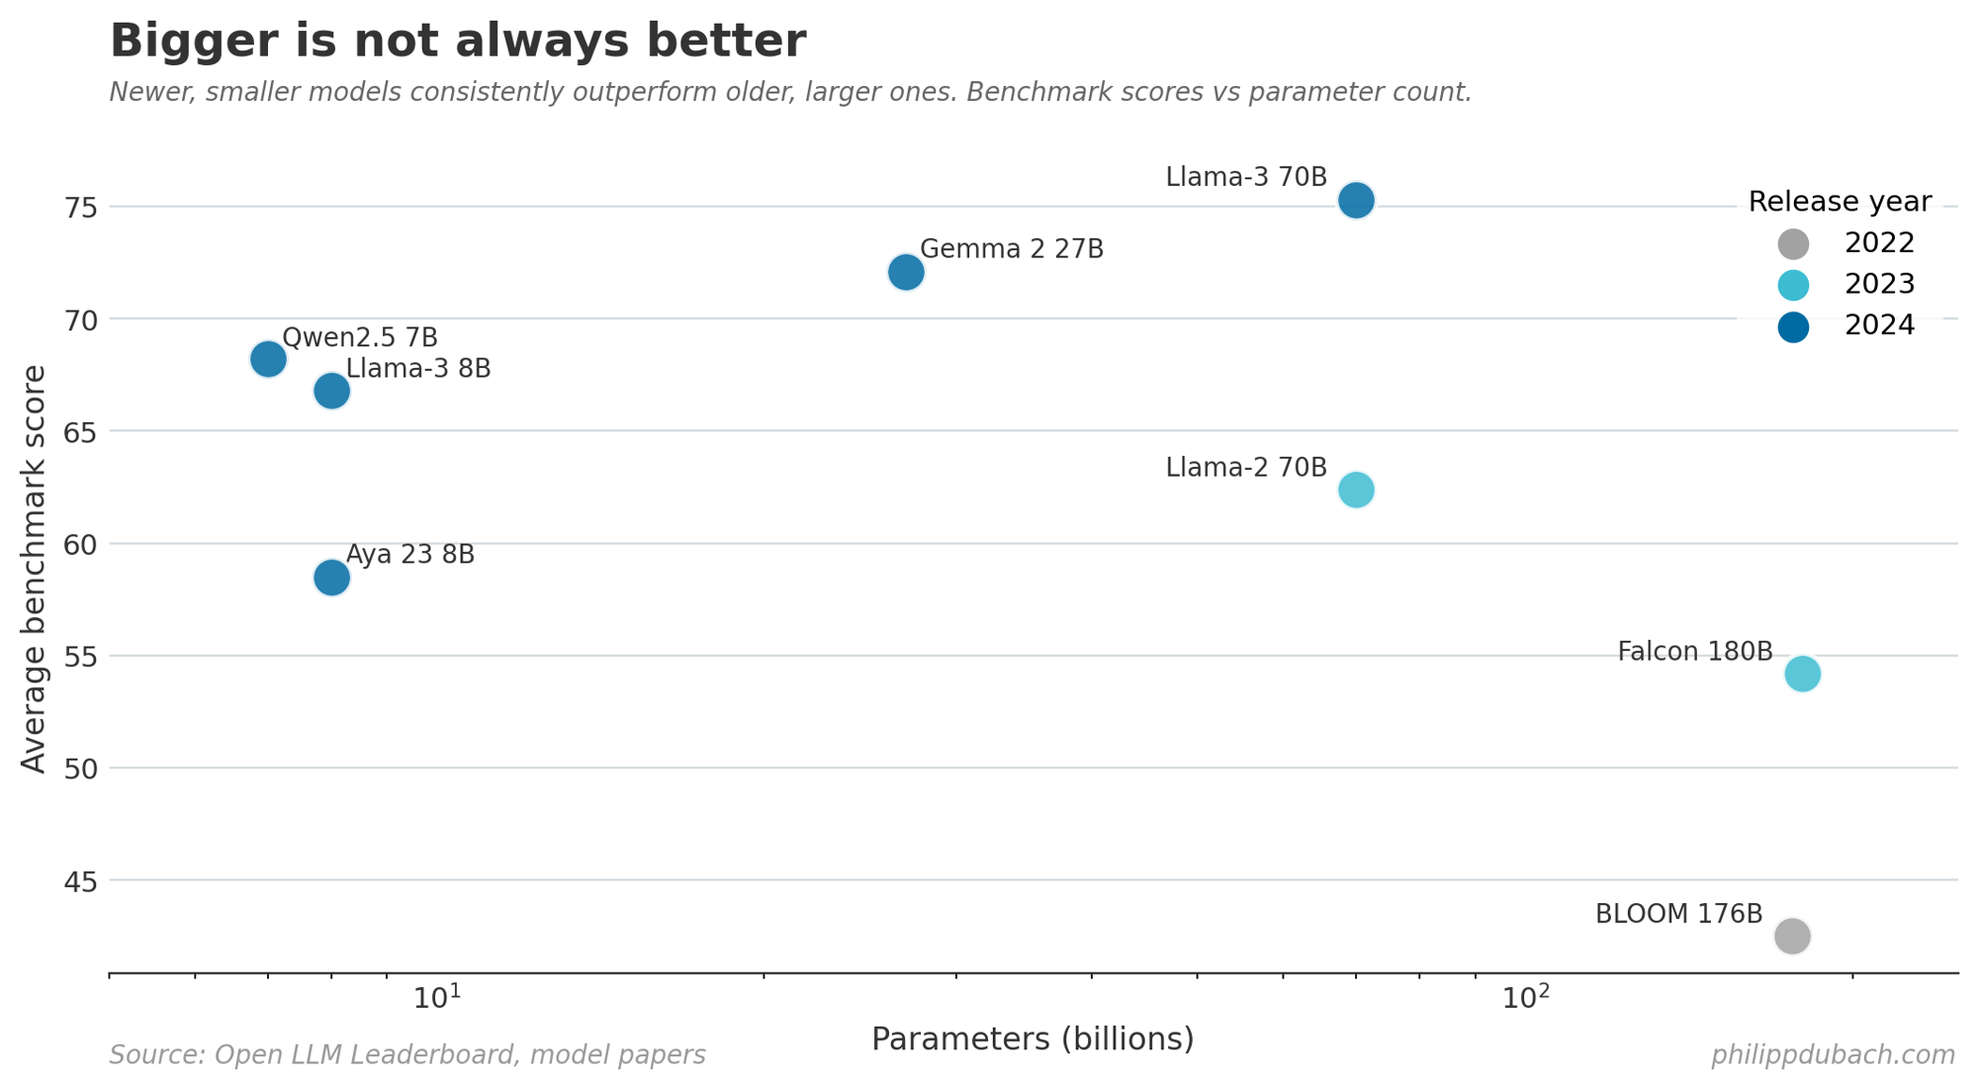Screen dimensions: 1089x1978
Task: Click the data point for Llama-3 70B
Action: click(1356, 201)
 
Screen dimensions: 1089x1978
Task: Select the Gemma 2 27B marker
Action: click(906, 272)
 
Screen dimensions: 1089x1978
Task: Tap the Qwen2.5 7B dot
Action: click(268, 359)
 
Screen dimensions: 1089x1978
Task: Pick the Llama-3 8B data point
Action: click(332, 391)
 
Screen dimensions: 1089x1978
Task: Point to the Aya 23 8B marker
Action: click(332, 577)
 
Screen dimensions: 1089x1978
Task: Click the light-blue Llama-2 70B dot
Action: click(1356, 490)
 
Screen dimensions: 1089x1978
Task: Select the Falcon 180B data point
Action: click(1802, 674)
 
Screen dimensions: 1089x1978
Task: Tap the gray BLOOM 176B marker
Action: click(1791, 936)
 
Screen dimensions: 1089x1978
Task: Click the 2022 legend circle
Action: click(1793, 243)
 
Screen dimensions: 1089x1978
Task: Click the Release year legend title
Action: click(1839, 202)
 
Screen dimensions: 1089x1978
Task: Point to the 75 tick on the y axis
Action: click(81, 208)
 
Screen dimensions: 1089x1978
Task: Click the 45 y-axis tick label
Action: click(81, 881)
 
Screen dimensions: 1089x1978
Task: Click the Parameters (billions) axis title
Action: click(1033, 1039)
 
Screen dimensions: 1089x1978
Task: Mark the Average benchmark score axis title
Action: click(34, 569)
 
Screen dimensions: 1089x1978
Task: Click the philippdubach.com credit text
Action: click(1833, 1055)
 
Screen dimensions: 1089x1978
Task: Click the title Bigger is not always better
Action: click(458, 42)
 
